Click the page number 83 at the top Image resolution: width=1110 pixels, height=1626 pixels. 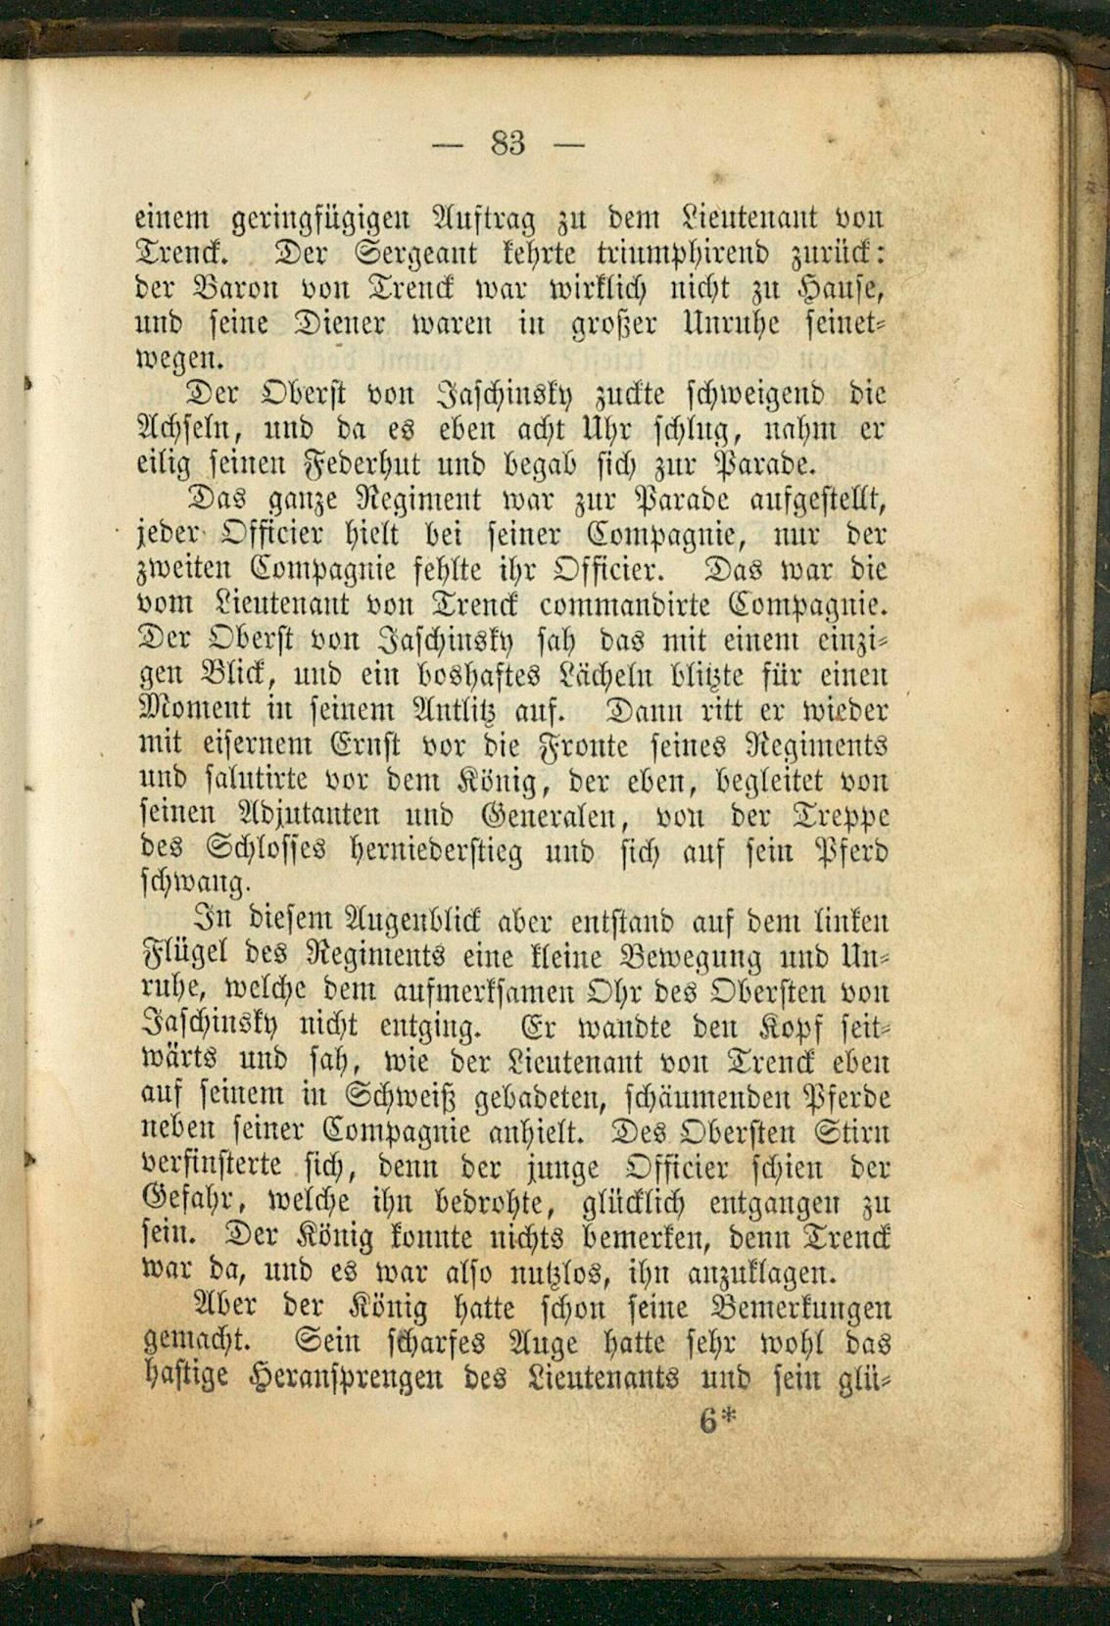[x=507, y=144]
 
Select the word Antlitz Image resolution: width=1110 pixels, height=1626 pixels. [x=368, y=710]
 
